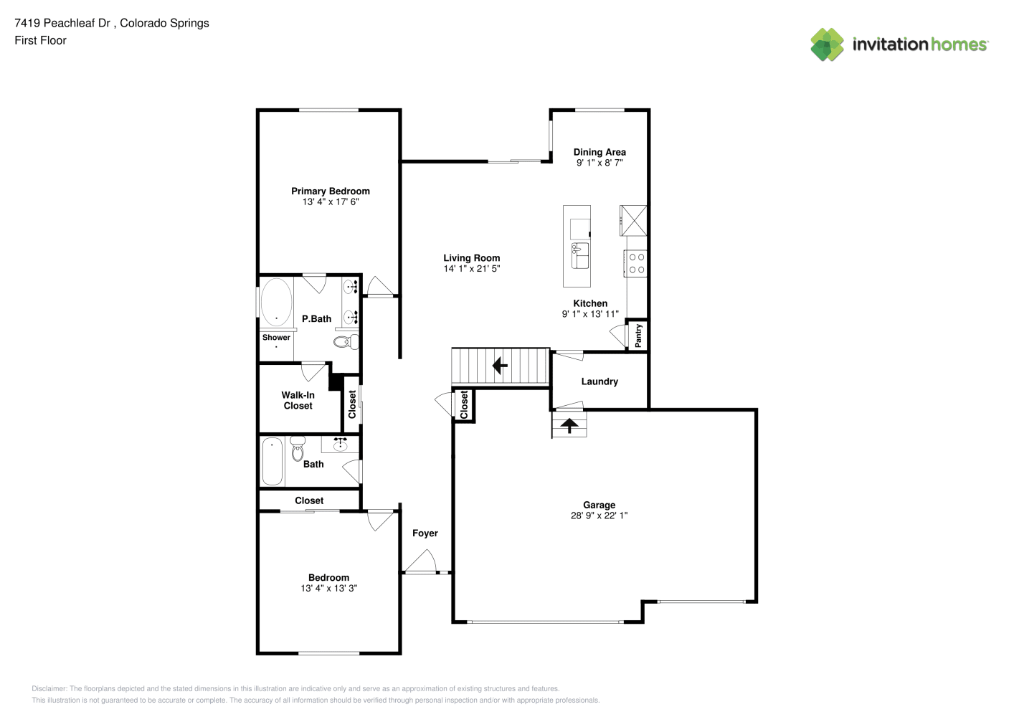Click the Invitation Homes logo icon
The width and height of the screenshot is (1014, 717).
coord(827,44)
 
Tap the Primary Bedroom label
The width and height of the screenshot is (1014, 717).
coord(331,191)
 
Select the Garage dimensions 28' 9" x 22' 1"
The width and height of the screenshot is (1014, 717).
coord(599,515)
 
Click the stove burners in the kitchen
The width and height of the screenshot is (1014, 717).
coord(637,263)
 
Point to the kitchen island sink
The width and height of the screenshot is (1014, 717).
coord(580,255)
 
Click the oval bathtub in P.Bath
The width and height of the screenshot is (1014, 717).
coord(276,301)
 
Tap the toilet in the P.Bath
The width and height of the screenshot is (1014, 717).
coord(346,342)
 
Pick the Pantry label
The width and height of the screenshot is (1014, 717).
coord(638,336)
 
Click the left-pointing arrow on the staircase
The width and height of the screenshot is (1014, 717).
coord(500,365)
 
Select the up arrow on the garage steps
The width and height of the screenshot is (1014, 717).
coord(569,425)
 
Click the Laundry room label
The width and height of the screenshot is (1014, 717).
coord(600,381)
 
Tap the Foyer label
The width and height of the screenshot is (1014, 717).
coord(425,533)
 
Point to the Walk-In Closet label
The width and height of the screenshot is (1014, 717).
coord(298,400)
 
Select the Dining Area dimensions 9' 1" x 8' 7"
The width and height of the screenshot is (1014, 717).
coord(600,163)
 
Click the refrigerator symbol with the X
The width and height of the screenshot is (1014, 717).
coord(633,220)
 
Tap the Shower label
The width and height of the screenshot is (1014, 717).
coord(276,337)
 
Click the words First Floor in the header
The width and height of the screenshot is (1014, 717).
coord(40,40)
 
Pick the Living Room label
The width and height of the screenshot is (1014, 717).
coord(472,258)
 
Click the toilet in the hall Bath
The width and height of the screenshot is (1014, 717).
coord(298,447)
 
